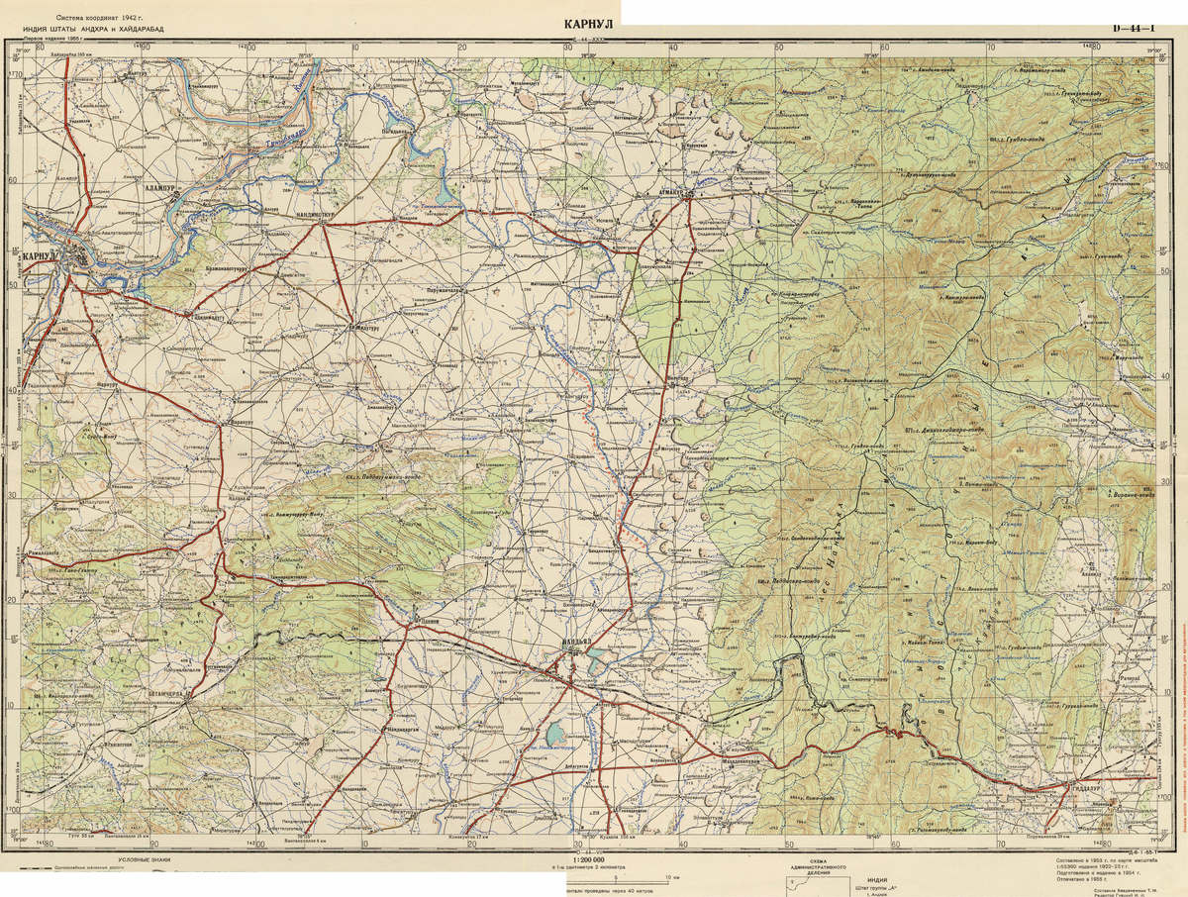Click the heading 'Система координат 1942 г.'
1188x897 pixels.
point(98,18)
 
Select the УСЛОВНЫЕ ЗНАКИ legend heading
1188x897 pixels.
point(148,859)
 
